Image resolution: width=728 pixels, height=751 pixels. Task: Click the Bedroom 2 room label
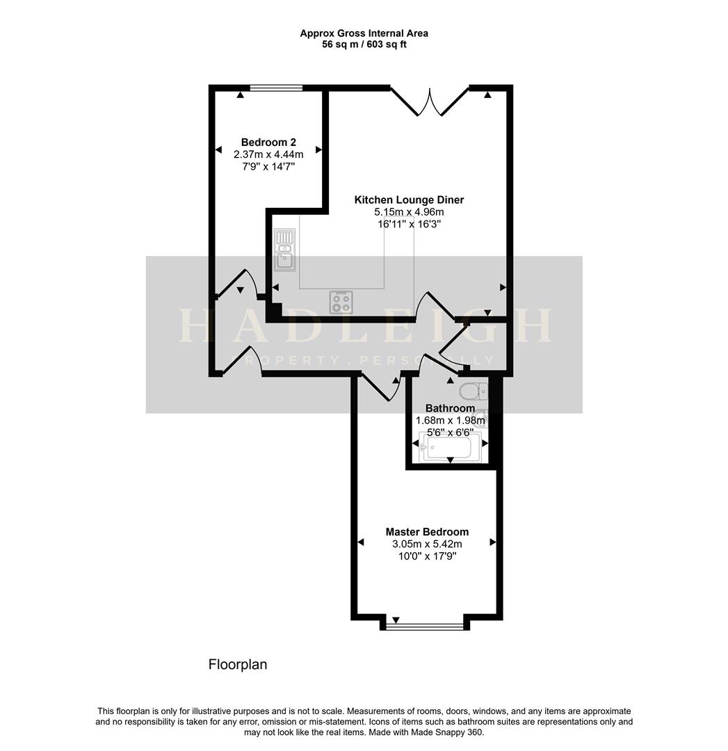click(268, 143)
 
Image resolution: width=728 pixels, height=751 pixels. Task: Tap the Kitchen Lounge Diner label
click(409, 200)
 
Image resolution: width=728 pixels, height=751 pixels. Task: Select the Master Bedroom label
click(427, 532)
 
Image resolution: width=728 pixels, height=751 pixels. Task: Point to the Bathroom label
click(450, 408)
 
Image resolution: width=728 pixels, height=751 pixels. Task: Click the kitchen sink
click(285, 250)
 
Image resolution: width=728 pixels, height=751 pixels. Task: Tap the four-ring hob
click(341, 302)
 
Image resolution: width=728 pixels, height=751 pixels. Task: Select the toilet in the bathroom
click(474, 391)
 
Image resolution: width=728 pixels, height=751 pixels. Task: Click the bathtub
click(450, 447)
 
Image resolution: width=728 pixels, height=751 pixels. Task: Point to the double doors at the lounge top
click(430, 102)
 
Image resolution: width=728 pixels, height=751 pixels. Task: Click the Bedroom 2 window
click(276, 88)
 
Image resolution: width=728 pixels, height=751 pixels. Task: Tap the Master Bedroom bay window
click(425, 625)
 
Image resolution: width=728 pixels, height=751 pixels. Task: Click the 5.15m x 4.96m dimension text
click(409, 211)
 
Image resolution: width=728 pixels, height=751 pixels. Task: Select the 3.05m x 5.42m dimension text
click(427, 544)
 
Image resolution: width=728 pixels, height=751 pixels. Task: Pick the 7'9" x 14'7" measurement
click(268, 167)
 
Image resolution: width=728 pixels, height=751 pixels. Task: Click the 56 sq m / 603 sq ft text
click(364, 45)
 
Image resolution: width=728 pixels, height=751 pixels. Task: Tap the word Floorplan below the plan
click(238, 664)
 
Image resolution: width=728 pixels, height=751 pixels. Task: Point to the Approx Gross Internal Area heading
click(364, 33)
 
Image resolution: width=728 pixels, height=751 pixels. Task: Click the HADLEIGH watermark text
click(365, 325)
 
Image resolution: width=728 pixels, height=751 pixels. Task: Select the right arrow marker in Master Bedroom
click(493, 542)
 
